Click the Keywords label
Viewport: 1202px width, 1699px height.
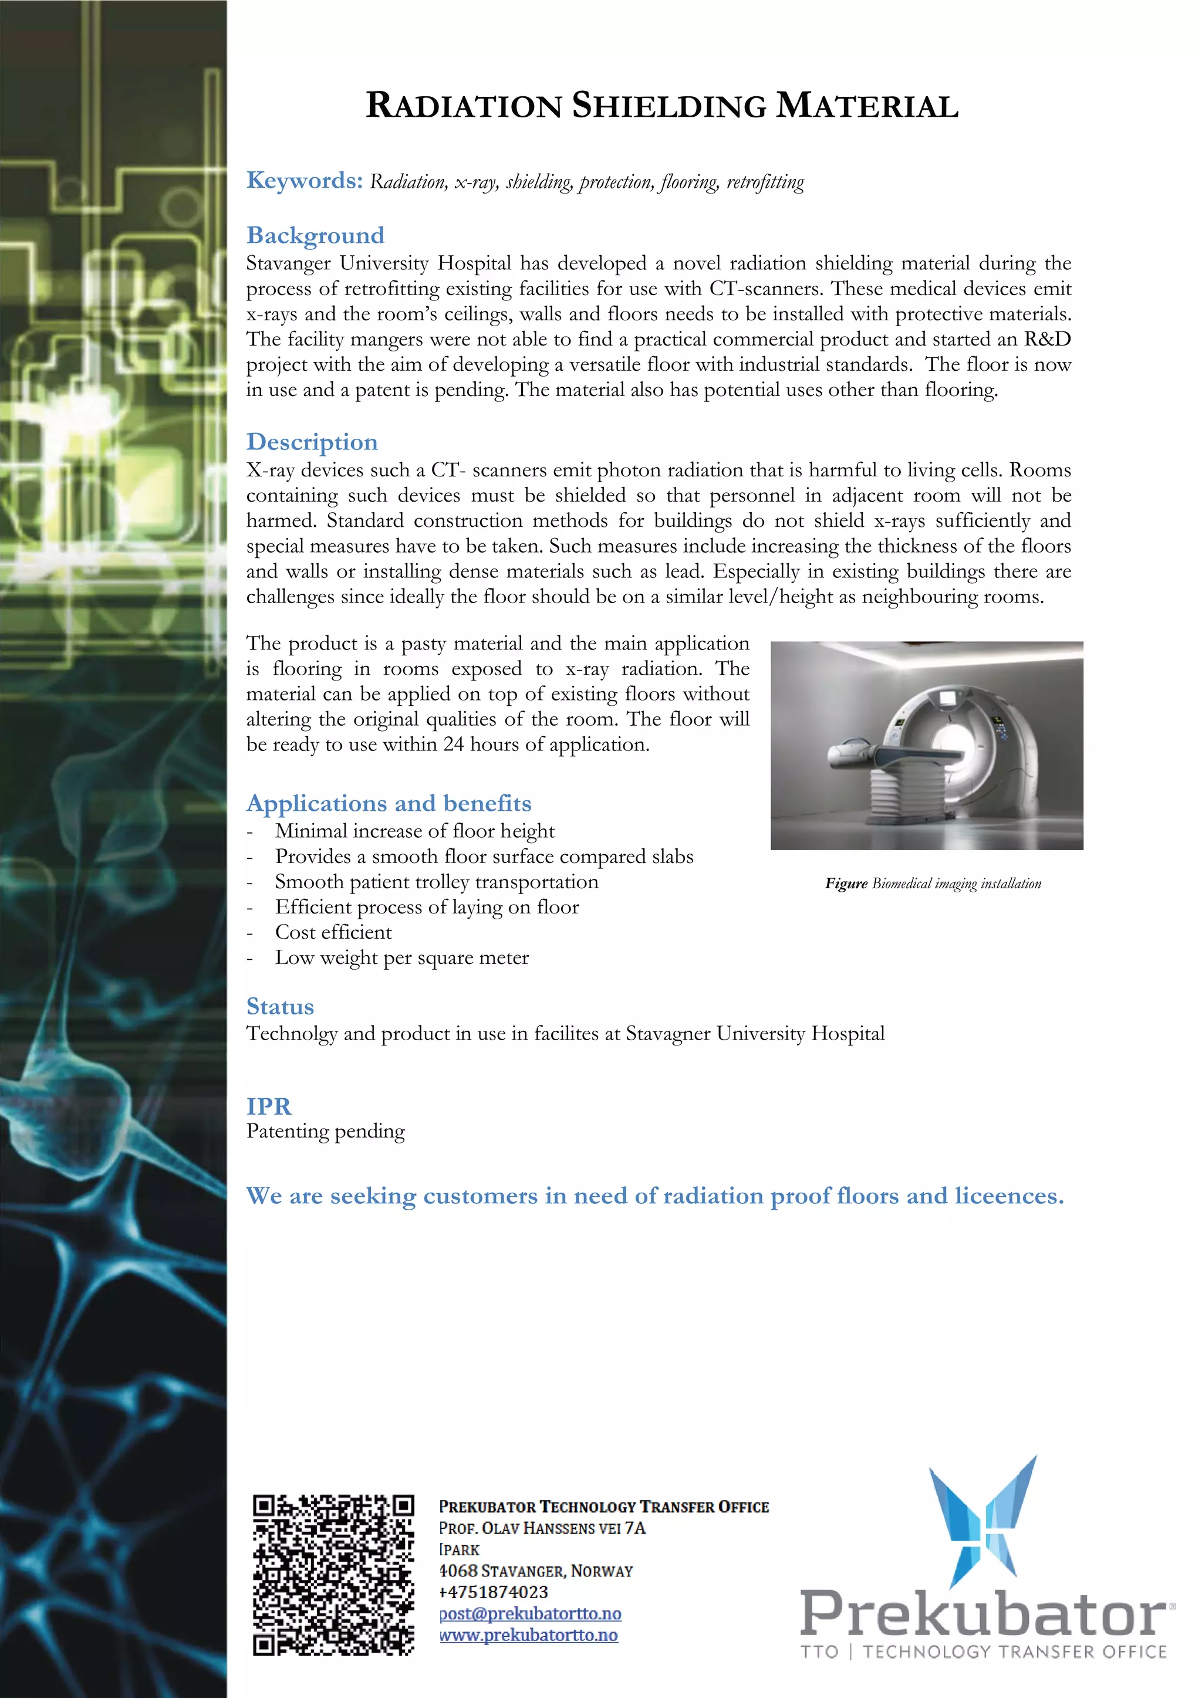[x=304, y=181]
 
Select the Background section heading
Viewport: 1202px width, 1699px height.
[x=315, y=235]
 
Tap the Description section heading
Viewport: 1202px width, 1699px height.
[x=312, y=442]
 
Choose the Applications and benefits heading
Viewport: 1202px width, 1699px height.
[x=389, y=803]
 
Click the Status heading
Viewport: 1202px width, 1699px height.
[x=280, y=1006]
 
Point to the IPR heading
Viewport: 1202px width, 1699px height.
[x=269, y=1106]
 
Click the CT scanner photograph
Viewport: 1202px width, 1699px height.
[x=927, y=745]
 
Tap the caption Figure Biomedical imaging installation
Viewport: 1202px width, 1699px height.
[x=933, y=884]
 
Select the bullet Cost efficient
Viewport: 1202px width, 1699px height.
[x=333, y=932]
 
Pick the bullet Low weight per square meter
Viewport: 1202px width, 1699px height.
[x=402, y=957]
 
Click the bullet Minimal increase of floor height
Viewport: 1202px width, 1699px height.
[x=414, y=831]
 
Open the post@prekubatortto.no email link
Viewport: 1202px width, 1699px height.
[x=530, y=1613]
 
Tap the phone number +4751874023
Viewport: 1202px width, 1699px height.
[x=494, y=1592]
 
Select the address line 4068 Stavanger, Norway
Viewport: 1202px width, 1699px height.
[x=536, y=1571]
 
